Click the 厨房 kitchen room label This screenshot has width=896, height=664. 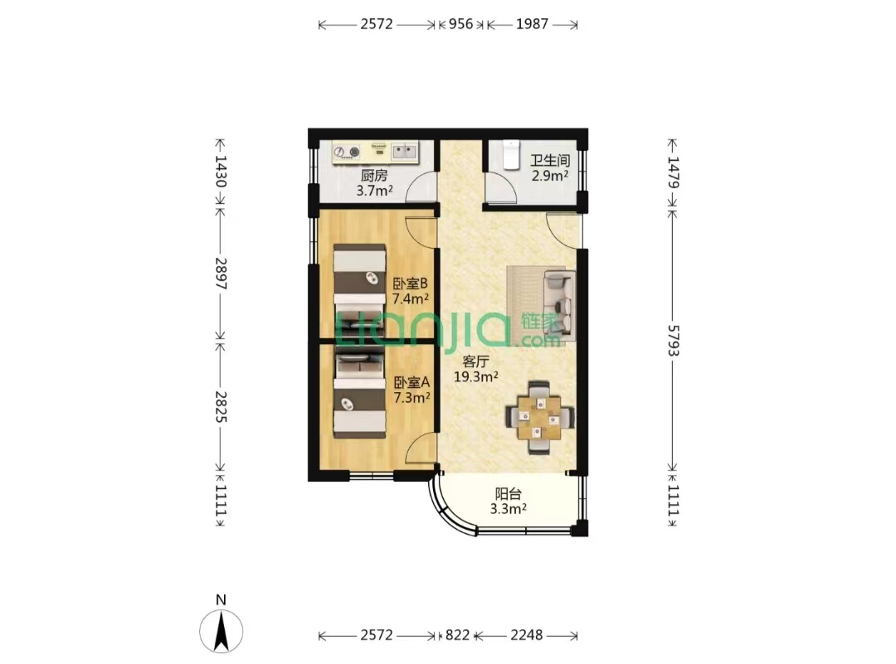click(x=374, y=175)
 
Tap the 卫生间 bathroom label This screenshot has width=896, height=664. click(x=550, y=161)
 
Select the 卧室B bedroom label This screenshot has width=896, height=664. click(x=411, y=284)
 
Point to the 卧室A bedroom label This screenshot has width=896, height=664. click(x=411, y=382)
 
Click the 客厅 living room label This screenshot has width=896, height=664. click(x=475, y=361)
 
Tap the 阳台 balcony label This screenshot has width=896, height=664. click(x=508, y=493)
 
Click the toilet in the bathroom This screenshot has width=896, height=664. click(x=511, y=154)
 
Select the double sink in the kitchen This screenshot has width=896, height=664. click(x=405, y=152)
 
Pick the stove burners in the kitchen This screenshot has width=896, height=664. click(x=348, y=152)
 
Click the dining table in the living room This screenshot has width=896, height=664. click(x=540, y=417)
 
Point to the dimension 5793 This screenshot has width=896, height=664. click(x=674, y=341)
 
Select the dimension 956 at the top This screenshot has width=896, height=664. click(x=460, y=24)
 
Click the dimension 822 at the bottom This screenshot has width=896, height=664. click(x=457, y=635)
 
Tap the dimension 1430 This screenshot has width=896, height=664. click(x=221, y=172)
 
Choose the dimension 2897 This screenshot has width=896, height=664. click(x=221, y=274)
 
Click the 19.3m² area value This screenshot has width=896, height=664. click(x=476, y=376)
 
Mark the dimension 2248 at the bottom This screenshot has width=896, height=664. click(x=526, y=635)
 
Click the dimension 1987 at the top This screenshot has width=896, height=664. click(x=532, y=24)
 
